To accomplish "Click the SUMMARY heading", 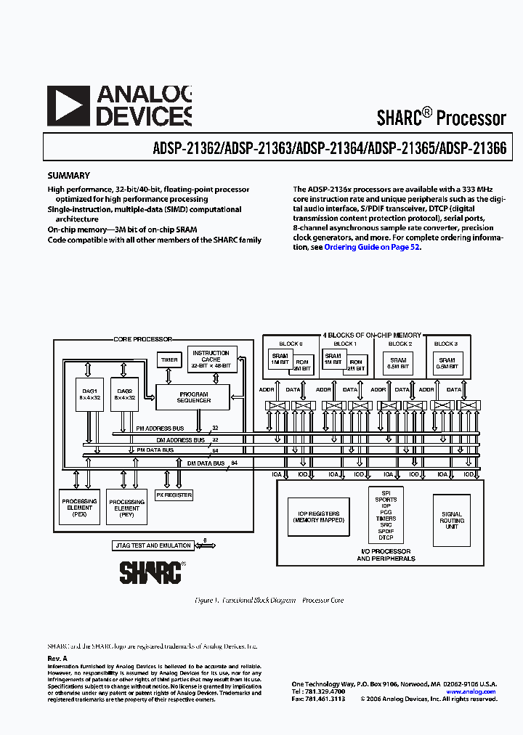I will (x=68, y=175).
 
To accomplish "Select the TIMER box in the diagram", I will (x=169, y=360).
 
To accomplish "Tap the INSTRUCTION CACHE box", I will (x=211, y=360).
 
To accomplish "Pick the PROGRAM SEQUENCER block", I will (x=194, y=397).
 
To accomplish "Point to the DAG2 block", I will (x=124, y=394).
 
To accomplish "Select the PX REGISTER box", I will (x=174, y=495).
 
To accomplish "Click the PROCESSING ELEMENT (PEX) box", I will (x=80, y=506).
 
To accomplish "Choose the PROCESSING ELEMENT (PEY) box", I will (x=126, y=506).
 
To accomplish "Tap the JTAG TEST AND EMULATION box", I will (x=153, y=545).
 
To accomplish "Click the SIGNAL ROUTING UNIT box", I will (x=452, y=521).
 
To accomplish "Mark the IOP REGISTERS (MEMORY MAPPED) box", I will (x=316, y=517).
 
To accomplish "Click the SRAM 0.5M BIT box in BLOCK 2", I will (x=398, y=363).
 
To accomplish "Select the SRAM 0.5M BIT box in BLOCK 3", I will (x=447, y=363).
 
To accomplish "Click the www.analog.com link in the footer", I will (x=470, y=691).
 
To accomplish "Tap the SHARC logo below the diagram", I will (x=150, y=572).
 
